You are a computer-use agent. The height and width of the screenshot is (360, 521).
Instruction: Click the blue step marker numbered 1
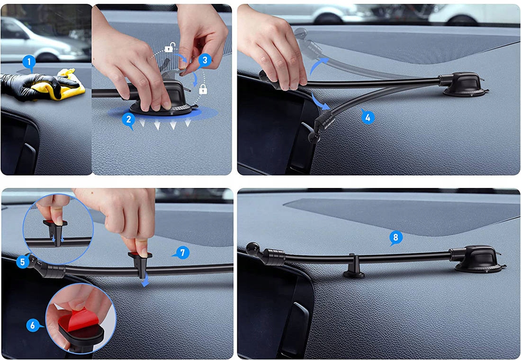click(x=29, y=62)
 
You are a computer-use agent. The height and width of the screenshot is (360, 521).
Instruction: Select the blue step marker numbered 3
click(x=205, y=61)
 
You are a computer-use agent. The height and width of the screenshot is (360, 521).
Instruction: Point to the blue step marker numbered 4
click(x=368, y=117)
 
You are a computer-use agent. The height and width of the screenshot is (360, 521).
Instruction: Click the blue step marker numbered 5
click(x=23, y=261)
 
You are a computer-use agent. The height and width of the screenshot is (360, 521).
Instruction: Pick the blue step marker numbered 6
click(x=33, y=325)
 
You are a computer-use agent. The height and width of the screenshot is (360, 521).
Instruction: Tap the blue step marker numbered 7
click(x=182, y=253)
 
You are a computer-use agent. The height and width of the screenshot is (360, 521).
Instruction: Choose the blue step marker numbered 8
click(x=395, y=238)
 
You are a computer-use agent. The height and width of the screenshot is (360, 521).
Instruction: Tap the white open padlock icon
click(x=170, y=47)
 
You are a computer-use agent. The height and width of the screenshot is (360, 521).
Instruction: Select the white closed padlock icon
click(x=203, y=89)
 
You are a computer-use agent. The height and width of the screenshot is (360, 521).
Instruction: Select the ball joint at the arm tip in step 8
click(x=252, y=249)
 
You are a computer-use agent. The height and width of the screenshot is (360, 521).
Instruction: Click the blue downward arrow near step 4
click(x=321, y=102)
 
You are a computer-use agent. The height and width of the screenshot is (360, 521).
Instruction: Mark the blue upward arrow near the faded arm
click(x=318, y=66)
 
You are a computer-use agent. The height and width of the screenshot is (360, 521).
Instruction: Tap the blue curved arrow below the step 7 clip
click(x=145, y=282)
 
